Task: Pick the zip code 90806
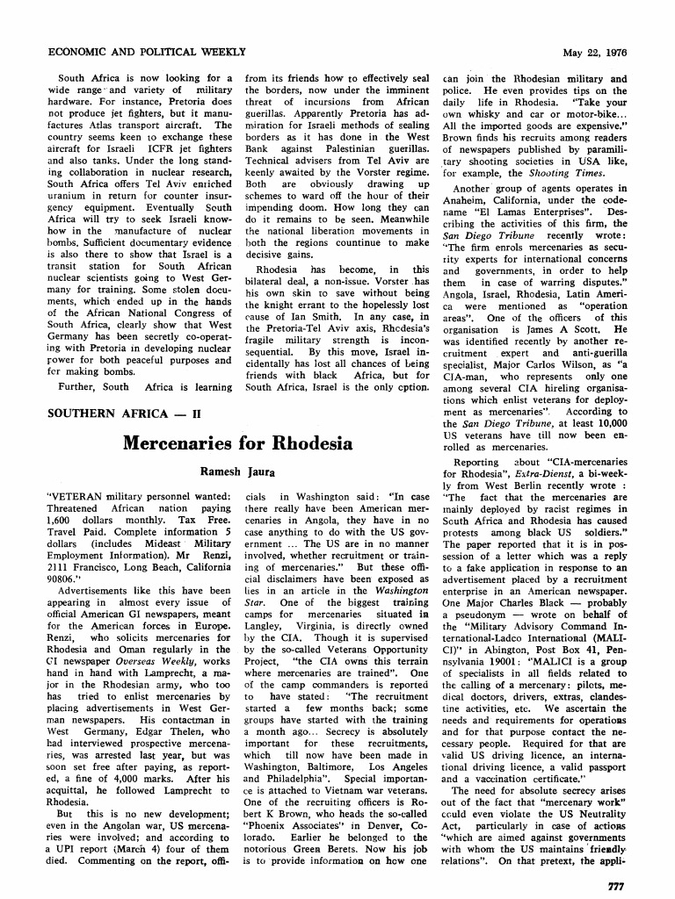(x=67, y=555)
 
